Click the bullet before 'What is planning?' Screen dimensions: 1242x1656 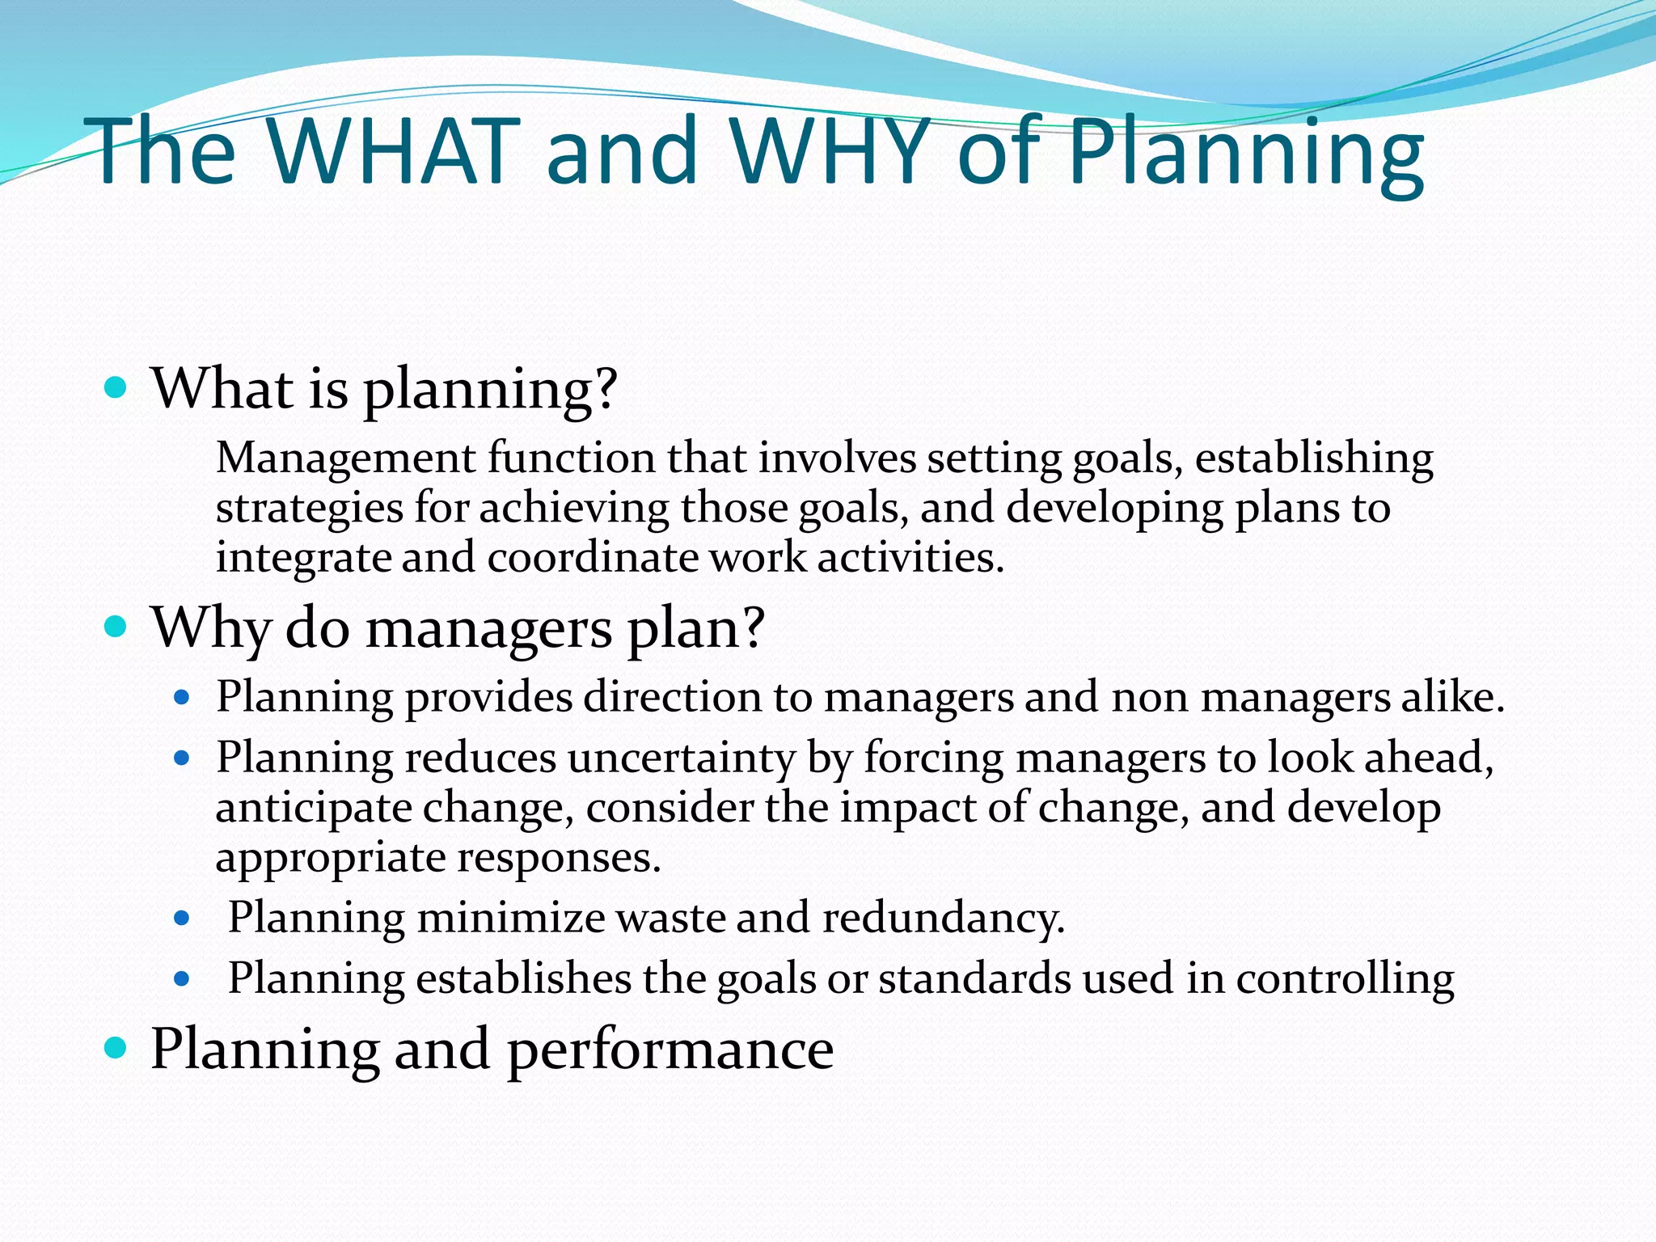pos(116,388)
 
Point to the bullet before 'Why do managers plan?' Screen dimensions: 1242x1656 pos(116,627)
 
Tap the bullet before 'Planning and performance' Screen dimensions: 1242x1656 pos(116,1048)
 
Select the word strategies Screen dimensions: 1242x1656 pos(309,509)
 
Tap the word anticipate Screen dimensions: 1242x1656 pos(313,809)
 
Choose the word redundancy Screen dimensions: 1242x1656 pos(943,919)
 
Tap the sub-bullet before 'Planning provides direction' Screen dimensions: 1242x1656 pos(182,697)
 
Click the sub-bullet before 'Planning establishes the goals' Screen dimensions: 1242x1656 pos(182,980)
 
